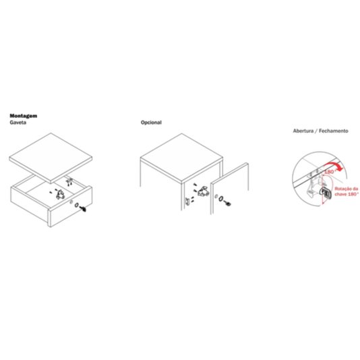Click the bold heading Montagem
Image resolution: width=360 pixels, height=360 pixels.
coord(24,116)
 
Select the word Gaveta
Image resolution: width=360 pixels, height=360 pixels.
coord(18,123)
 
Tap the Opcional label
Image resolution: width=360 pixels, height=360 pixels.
coord(151,123)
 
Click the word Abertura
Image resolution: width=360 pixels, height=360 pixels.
coord(303,131)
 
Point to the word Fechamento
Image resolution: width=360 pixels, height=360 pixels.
coord(334,131)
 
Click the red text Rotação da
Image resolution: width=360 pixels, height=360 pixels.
coord(347,189)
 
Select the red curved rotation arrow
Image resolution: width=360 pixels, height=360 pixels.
coord(334,165)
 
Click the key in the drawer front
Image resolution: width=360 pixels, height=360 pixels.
coord(83,209)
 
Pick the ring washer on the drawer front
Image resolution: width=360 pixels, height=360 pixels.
coord(77,205)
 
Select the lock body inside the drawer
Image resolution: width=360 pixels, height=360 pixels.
coord(61,195)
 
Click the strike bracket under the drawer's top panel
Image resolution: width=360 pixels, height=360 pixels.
coord(69,181)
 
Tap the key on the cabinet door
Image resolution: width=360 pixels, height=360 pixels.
coord(228,203)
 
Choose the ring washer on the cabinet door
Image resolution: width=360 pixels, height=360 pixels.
coord(221,199)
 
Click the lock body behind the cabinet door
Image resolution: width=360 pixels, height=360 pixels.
coord(204,191)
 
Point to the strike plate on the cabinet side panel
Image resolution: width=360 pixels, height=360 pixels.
coord(187,201)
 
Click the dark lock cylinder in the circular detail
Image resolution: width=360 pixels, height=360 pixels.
coord(326,192)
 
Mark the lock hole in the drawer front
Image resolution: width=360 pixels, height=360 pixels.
coord(71,202)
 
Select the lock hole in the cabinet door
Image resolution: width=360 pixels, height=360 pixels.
coord(216,196)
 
